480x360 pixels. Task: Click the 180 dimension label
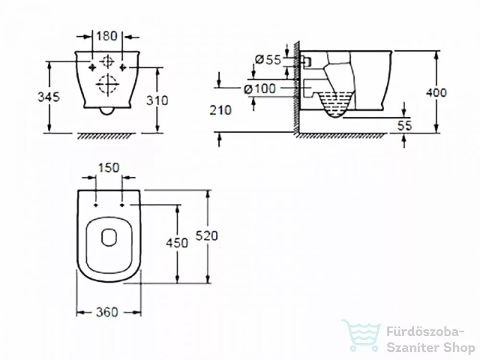click(x=107, y=36)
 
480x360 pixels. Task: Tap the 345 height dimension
click(x=48, y=97)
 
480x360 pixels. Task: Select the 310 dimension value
click(x=157, y=100)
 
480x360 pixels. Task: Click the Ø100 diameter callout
click(x=260, y=89)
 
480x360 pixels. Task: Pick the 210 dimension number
click(x=220, y=110)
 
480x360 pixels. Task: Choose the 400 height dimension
click(x=436, y=92)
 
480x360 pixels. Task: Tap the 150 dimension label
click(x=108, y=168)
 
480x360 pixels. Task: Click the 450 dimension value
click(x=177, y=243)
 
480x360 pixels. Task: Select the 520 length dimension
click(x=206, y=236)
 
